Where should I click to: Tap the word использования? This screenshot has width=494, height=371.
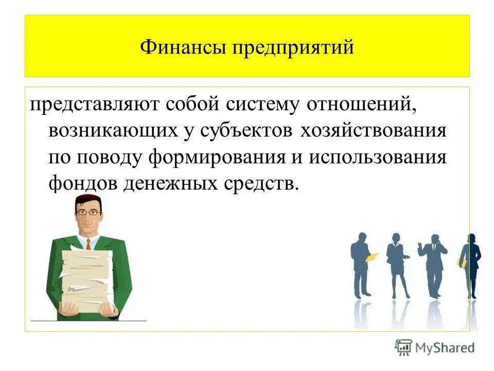378,157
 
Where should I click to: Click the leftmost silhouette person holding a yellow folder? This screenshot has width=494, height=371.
362,265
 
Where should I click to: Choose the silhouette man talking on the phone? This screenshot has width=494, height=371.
433,265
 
